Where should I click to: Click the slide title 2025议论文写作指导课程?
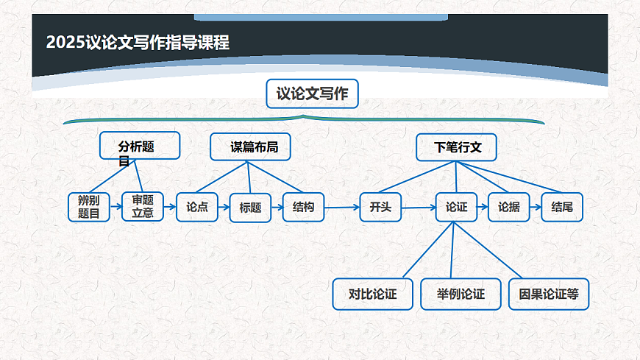click(x=138, y=43)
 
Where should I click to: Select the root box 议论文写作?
click(x=312, y=94)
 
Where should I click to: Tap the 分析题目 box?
click(x=140, y=146)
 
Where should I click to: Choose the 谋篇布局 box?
click(x=250, y=147)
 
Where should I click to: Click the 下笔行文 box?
click(x=456, y=147)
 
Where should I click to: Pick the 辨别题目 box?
click(x=89, y=207)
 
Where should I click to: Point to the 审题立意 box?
click(x=143, y=207)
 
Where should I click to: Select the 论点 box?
click(x=197, y=207)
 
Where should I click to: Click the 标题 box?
click(x=250, y=208)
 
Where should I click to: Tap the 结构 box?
click(x=303, y=207)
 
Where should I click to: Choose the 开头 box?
click(x=380, y=208)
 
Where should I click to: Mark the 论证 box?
click(x=456, y=208)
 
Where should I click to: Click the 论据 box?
click(x=509, y=208)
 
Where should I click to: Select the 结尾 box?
click(x=562, y=208)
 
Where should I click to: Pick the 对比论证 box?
click(x=372, y=294)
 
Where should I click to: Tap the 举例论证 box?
click(x=461, y=294)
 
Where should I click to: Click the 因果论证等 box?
click(x=549, y=294)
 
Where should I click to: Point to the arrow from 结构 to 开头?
click(x=341, y=208)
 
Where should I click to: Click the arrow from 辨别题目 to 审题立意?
click(x=115, y=208)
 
